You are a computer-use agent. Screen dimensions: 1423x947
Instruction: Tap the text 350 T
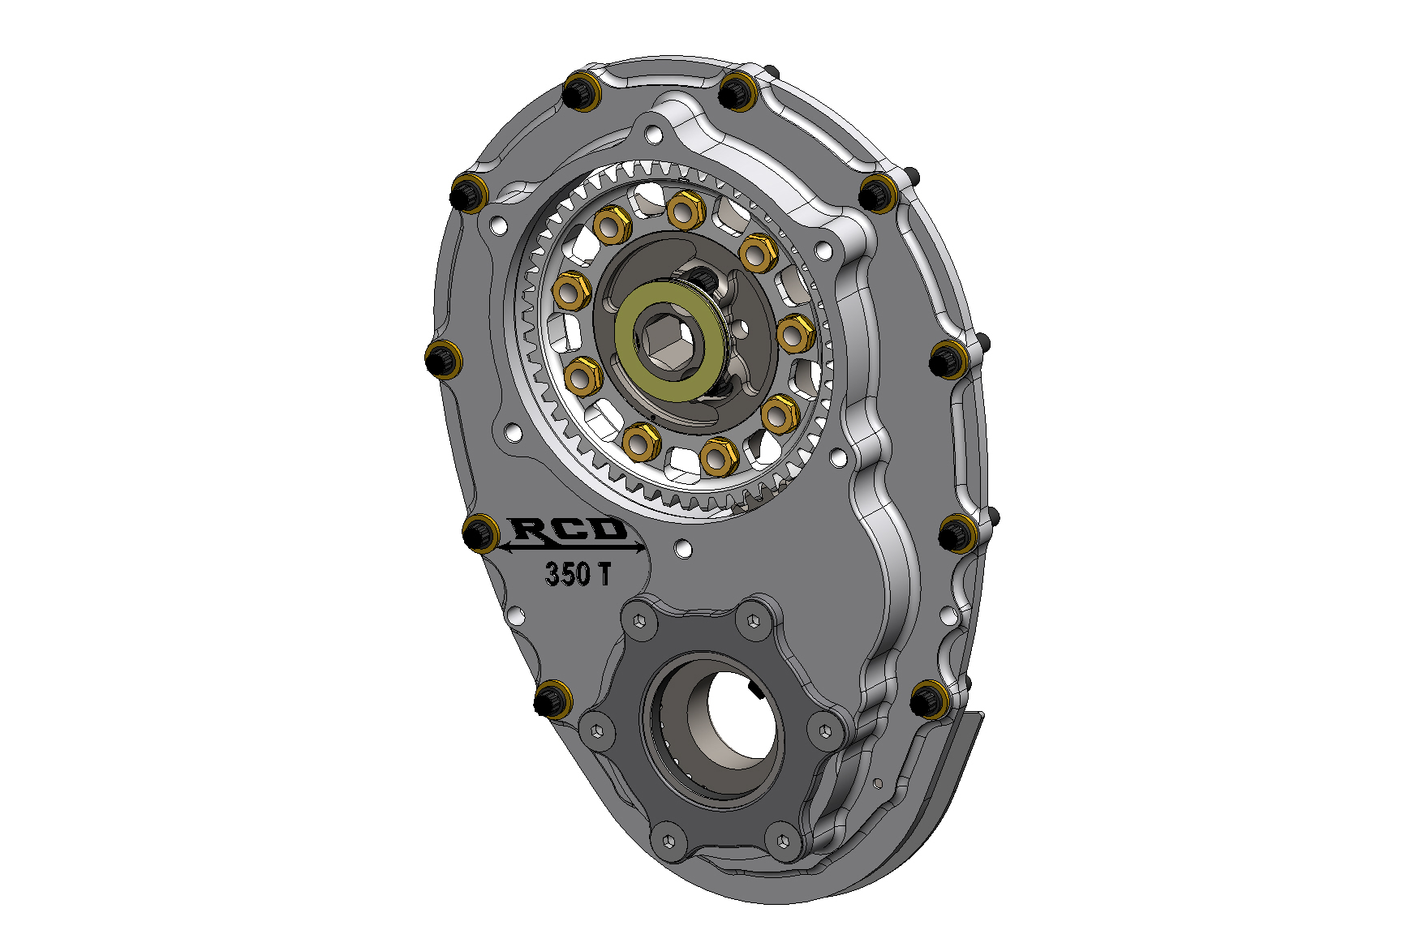click(x=578, y=574)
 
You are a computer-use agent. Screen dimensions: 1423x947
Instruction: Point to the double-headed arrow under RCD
click(x=573, y=548)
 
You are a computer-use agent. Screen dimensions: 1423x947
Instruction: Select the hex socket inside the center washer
click(x=666, y=341)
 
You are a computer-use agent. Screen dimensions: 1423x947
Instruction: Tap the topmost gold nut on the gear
click(x=686, y=210)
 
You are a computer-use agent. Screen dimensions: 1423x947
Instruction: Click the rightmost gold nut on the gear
click(x=795, y=332)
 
